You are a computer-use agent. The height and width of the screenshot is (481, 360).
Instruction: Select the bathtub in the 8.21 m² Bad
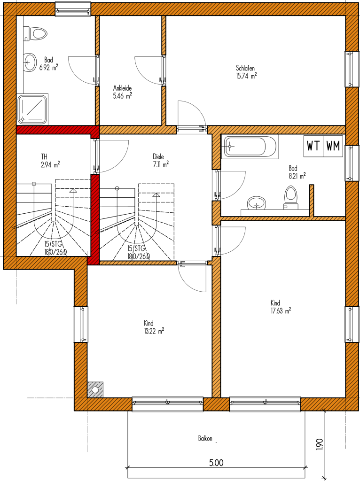[x=249, y=146]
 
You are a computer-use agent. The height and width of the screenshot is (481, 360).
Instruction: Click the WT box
[x=313, y=146]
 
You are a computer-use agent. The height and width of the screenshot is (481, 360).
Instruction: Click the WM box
[x=333, y=146]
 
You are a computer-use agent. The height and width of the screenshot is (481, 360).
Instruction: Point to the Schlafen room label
[x=245, y=68]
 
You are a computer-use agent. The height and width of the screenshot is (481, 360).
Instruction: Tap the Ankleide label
[x=123, y=88]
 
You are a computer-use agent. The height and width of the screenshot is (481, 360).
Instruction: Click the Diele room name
[x=158, y=157]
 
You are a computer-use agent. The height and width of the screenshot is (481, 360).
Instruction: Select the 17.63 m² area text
[x=281, y=311]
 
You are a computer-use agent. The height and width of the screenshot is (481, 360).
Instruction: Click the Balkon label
[x=205, y=439]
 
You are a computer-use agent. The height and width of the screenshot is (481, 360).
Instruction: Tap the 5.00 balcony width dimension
[x=216, y=463]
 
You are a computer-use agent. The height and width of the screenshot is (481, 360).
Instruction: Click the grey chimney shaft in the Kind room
[x=95, y=389]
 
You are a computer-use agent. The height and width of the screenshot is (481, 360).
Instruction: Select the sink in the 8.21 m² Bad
[x=256, y=203]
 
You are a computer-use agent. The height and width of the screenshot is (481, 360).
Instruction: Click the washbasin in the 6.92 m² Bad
[x=30, y=62]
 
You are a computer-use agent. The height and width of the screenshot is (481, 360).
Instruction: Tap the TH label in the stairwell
[x=44, y=157]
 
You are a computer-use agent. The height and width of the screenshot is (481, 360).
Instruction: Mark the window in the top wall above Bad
[x=73, y=9]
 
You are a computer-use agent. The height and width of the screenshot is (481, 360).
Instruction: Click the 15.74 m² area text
[x=246, y=76]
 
